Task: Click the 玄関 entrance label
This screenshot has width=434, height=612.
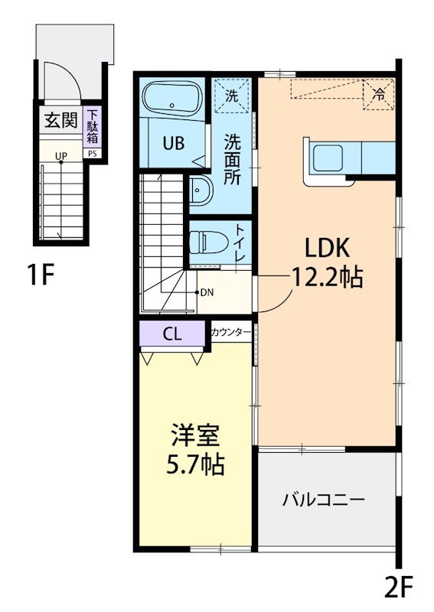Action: [x=60, y=120]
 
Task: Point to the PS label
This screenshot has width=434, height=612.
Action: [x=93, y=153]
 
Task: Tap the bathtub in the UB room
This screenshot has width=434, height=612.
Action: [x=172, y=98]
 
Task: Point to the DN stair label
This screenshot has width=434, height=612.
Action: [x=207, y=292]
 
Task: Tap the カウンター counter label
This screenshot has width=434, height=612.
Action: [x=230, y=332]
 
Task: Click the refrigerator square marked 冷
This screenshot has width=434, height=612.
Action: [x=377, y=95]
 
